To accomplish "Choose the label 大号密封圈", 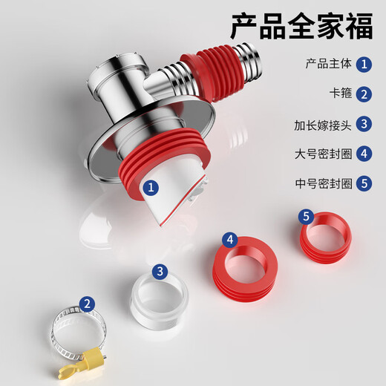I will click(320, 154).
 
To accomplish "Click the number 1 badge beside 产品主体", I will click(364, 64).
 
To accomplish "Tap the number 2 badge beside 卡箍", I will click(364, 94).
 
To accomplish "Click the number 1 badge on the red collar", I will click(151, 188).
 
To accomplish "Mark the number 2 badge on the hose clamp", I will click(88, 303).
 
